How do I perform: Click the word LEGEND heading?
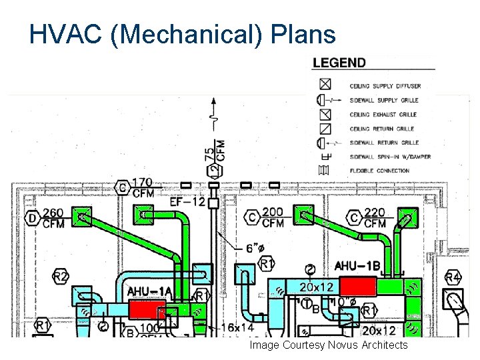pyautogui.click(x=339, y=63)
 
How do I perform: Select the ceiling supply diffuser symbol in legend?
pyautogui.click(x=325, y=85)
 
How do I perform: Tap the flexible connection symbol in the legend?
pyautogui.click(x=324, y=171)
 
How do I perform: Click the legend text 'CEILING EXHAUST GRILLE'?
pyautogui.click(x=383, y=115)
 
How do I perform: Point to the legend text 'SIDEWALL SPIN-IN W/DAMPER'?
pyautogui.click(x=390, y=157)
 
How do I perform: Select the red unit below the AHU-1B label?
pyautogui.click(x=358, y=287)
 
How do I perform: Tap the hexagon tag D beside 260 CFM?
pyautogui.click(x=32, y=218)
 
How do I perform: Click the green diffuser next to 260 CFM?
pyautogui.click(x=82, y=217)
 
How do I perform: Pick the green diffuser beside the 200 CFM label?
pyautogui.click(x=305, y=216)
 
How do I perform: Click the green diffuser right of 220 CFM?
pyautogui.click(x=407, y=217)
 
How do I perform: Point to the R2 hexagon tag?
pyautogui.click(x=61, y=276)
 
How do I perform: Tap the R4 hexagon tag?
pyautogui.click(x=453, y=276)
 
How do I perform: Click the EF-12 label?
pyautogui.click(x=187, y=201)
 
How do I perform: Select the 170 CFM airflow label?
pyautogui.click(x=142, y=187)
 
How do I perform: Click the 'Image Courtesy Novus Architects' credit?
pyautogui.click(x=328, y=345)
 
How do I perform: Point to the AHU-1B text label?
pyautogui.click(x=357, y=266)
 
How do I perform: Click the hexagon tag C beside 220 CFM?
pyautogui.click(x=353, y=218)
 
